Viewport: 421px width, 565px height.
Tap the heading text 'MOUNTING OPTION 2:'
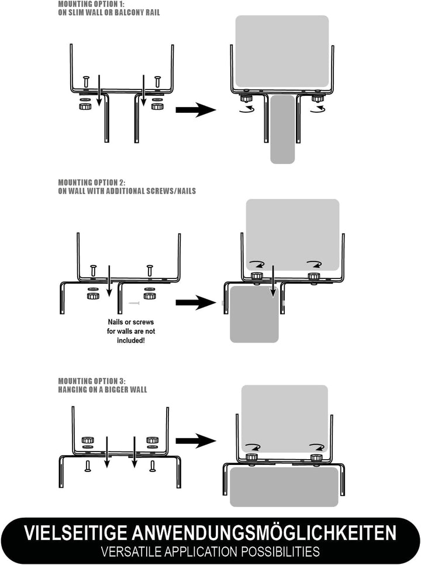coord(92,182)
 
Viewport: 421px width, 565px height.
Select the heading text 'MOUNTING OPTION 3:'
coord(92,381)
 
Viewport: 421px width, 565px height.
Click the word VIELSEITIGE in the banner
coord(75,533)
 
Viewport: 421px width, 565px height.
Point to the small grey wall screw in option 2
coord(134,303)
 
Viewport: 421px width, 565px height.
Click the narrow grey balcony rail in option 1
coord(283,129)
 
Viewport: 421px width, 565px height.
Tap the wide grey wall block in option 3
coord(284,487)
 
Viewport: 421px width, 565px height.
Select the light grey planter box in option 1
coord(282,51)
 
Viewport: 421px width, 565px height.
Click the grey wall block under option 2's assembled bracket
coord(253,313)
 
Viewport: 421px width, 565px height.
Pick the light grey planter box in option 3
coord(284,418)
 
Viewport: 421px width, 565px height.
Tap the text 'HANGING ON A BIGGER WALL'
coord(102,389)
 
